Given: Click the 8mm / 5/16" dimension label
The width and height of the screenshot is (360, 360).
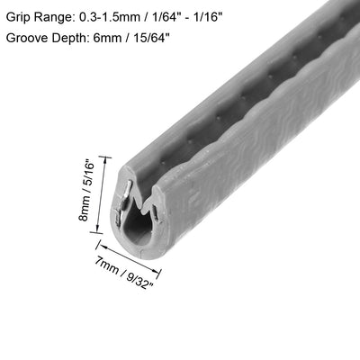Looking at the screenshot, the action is pyautogui.click(x=86, y=190).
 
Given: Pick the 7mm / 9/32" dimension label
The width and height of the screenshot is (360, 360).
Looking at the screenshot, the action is pyautogui.click(x=124, y=273).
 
